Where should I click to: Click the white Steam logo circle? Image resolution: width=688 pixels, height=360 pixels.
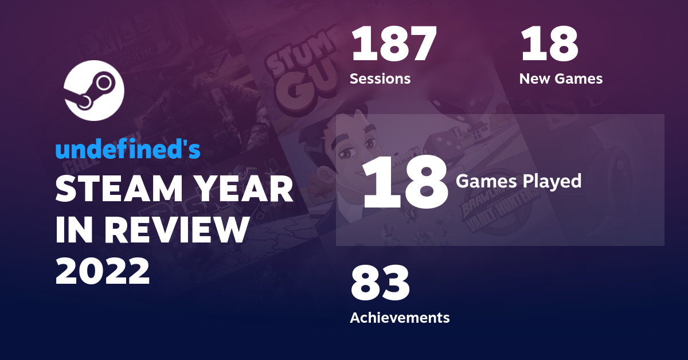[93, 90]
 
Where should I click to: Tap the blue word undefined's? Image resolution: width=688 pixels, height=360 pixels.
[127, 150]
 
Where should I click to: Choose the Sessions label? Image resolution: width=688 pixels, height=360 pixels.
[380, 79]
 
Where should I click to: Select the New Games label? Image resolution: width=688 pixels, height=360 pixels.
[561, 79]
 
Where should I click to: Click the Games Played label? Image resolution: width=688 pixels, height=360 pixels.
[518, 182]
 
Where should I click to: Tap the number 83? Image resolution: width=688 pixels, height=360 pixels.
[380, 284]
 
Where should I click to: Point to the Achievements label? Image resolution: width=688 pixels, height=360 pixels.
[400, 317]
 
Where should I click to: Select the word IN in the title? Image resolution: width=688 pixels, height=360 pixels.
[73, 231]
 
